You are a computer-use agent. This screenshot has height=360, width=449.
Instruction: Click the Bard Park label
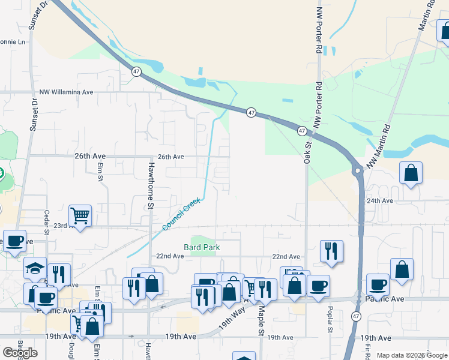[202, 247]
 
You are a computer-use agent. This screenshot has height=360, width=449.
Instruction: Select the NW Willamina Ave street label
[66, 92]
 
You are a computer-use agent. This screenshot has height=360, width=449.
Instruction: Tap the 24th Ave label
[380, 201]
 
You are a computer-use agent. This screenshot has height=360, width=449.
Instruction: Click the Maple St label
[262, 322]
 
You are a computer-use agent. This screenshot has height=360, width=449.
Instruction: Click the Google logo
[20, 353]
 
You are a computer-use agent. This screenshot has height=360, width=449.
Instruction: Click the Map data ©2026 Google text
[411, 355]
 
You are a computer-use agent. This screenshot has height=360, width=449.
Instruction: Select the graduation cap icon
[35, 268]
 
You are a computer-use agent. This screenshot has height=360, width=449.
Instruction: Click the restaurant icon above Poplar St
[331, 251]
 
